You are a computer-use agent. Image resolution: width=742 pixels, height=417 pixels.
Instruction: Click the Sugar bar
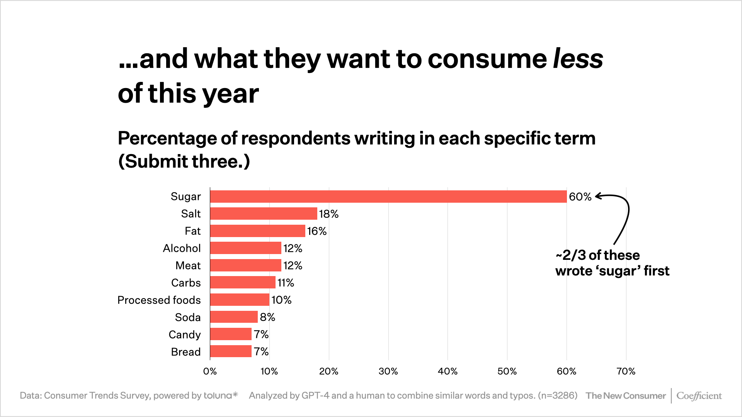(388, 197)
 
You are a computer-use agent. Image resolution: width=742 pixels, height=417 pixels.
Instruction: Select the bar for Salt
(264, 214)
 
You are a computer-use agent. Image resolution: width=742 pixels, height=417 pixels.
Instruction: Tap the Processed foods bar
(240, 300)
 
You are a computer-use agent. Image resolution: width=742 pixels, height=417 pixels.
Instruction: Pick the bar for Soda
(234, 317)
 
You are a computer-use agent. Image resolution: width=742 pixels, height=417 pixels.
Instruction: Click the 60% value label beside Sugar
(580, 197)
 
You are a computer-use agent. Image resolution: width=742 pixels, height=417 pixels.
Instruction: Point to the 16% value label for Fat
(317, 231)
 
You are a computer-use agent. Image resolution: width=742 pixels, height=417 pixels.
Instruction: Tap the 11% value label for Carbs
(286, 283)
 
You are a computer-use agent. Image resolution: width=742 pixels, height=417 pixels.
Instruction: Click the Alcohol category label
(182, 248)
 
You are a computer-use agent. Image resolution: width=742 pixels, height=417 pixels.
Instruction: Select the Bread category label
(185, 352)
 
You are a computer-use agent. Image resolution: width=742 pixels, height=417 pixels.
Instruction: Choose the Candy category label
(184, 334)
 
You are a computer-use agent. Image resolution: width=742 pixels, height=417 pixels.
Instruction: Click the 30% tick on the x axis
(388, 371)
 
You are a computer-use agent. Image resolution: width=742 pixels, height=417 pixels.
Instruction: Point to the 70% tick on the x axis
(626, 371)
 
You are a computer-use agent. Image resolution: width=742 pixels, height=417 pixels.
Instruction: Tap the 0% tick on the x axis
(210, 371)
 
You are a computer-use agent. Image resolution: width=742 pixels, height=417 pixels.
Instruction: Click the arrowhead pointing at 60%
(598, 197)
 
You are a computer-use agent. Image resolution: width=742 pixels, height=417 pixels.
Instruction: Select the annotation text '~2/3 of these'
(597, 255)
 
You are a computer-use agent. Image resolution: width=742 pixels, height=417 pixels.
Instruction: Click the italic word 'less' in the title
(578, 59)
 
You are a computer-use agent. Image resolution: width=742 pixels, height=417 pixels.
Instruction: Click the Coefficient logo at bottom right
(699, 396)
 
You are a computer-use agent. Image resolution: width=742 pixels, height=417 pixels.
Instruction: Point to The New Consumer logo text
(626, 396)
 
